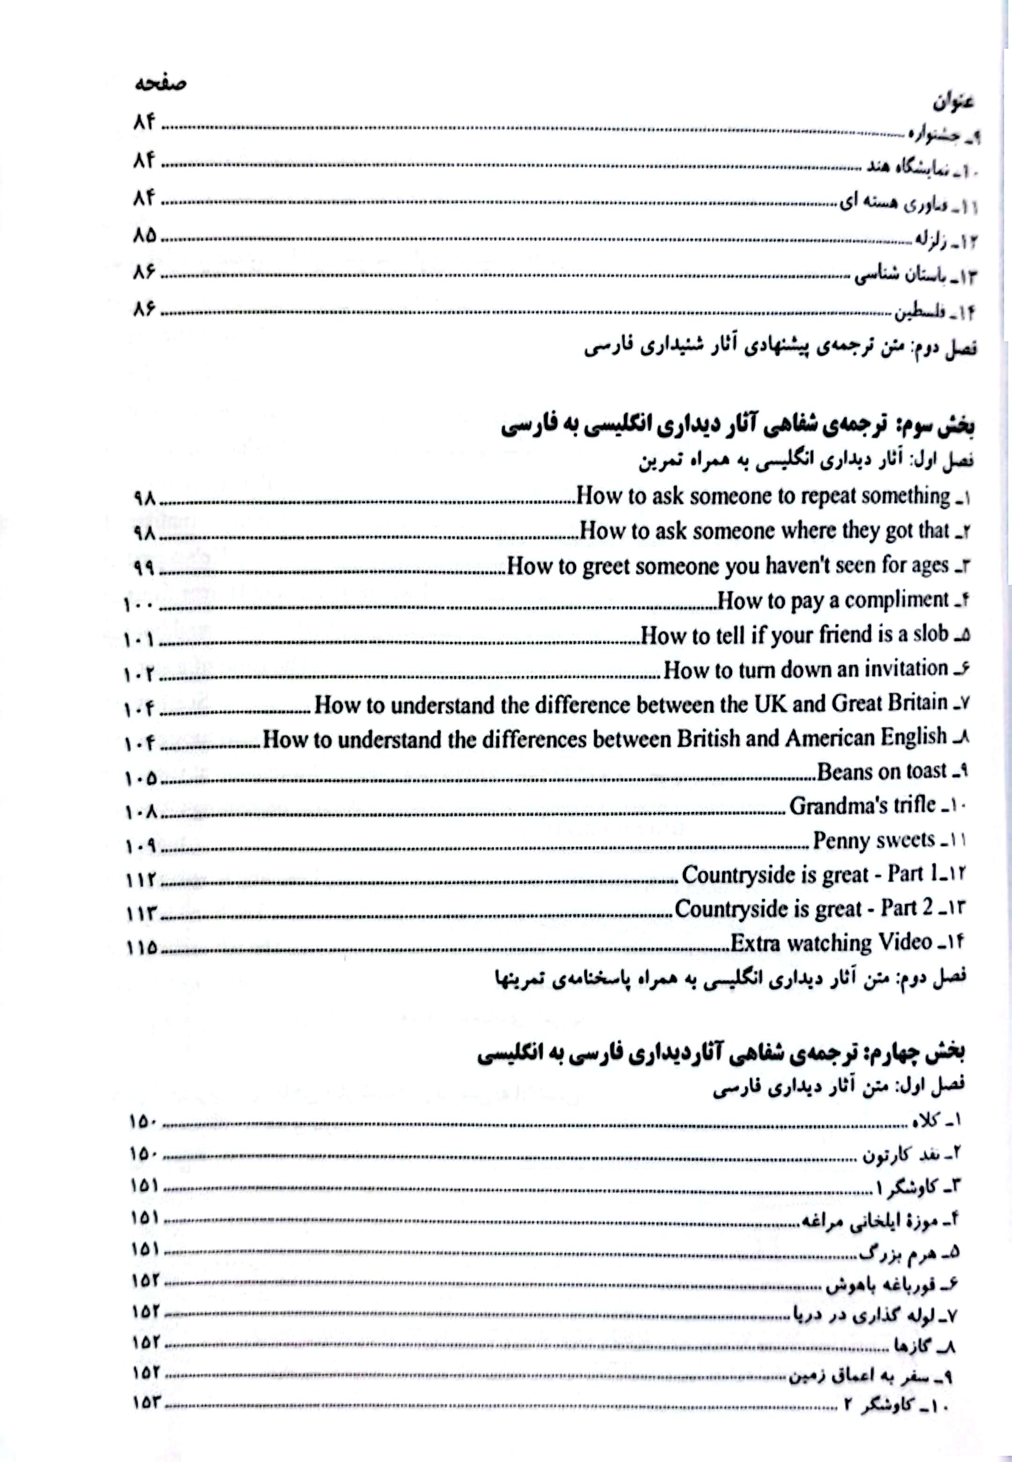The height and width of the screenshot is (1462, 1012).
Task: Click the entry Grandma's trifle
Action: [862, 806]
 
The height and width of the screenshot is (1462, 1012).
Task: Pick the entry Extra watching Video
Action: [831, 943]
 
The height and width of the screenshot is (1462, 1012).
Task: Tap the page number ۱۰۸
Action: [142, 811]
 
